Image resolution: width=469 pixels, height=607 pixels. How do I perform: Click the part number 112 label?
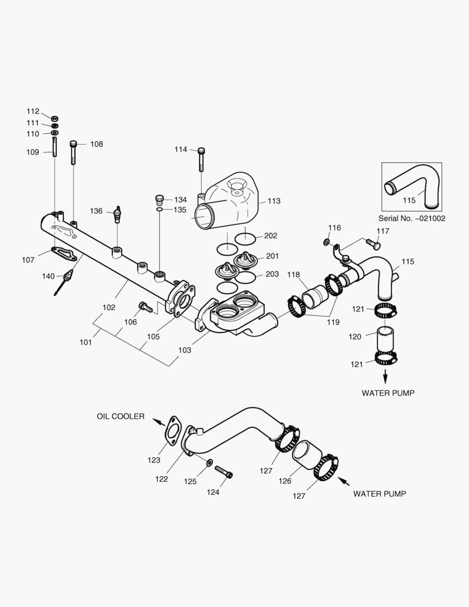click(33, 111)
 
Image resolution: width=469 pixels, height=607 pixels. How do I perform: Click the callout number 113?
click(274, 201)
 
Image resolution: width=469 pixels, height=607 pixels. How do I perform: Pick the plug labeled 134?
click(160, 200)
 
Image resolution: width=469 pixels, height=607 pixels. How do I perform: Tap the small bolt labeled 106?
click(144, 306)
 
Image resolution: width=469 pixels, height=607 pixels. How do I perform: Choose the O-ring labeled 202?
click(246, 238)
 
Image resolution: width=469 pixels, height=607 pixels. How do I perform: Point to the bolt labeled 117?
click(373, 244)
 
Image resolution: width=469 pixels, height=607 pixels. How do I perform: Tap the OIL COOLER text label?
click(120, 416)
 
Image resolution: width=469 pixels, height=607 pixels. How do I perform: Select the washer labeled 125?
click(209, 463)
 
